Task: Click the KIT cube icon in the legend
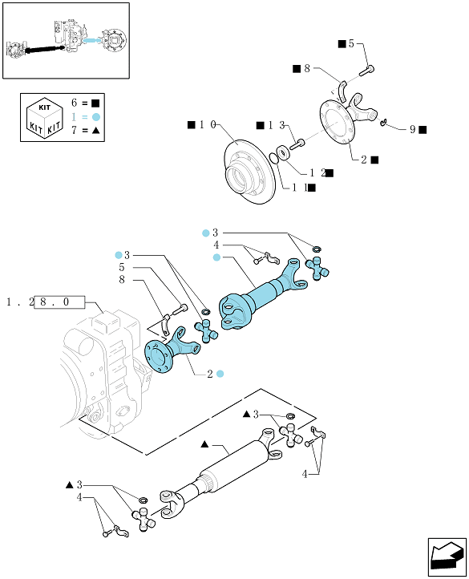click(44, 118)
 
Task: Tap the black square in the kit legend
click(95, 103)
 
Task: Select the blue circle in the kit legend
click(96, 117)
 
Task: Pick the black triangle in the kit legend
click(96, 131)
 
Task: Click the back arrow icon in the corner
click(447, 557)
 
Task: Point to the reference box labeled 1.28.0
click(59, 302)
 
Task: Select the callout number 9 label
click(413, 129)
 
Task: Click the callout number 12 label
click(317, 172)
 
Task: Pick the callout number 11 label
click(300, 188)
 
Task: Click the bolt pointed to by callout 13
click(297, 144)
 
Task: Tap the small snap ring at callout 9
click(383, 122)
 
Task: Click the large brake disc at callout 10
click(249, 172)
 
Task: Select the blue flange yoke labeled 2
click(172, 350)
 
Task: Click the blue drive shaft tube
click(262, 294)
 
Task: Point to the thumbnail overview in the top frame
click(66, 41)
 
